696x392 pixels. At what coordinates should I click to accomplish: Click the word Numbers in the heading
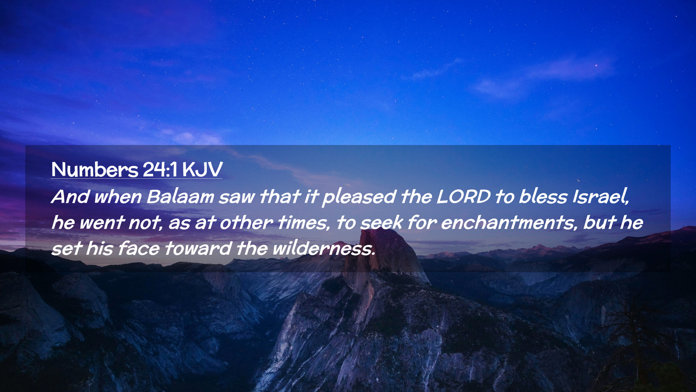coord(95,169)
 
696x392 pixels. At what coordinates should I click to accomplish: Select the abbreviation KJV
coord(202,170)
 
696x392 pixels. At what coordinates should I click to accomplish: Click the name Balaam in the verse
coord(180,197)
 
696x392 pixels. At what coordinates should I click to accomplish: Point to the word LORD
coord(463,197)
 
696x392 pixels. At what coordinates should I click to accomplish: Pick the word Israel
coord(600,197)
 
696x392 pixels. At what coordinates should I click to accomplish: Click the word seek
coord(382,223)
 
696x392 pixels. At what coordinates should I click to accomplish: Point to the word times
coord(304,223)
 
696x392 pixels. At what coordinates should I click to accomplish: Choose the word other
coord(246,223)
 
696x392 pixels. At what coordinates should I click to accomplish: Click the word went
coord(102,223)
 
